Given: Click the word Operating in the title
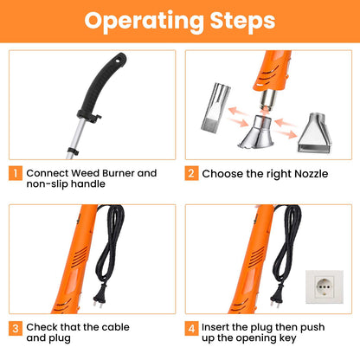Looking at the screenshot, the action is pos(144,22).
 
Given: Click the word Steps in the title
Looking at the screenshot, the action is pos(242,21).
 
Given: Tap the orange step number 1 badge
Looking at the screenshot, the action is pos(16,173).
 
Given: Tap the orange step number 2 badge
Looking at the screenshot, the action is pos(191,173).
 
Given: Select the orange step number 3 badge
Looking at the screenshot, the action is pos(16,328).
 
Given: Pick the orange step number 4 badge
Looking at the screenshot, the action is pos(191,328).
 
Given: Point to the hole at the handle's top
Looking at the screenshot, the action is pos(118,61).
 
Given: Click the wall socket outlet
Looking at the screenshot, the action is pos(325,286).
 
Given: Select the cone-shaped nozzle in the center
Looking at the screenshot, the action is pos(256,132).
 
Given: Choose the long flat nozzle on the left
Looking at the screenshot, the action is pos(215,107).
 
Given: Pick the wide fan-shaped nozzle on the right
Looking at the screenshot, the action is pos(314,133).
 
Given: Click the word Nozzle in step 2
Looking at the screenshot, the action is pos(311,174).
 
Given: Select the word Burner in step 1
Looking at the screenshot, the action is pos(119,173).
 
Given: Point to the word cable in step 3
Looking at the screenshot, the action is pos(115,327).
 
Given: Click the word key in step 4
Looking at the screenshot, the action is pos(287,338).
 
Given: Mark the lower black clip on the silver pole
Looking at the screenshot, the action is pos(73,151).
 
